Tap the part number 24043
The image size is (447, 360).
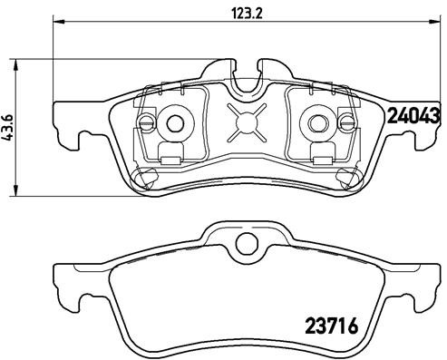point(413,115)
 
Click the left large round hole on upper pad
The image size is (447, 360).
point(174,122)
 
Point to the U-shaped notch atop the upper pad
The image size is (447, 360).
point(246,80)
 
